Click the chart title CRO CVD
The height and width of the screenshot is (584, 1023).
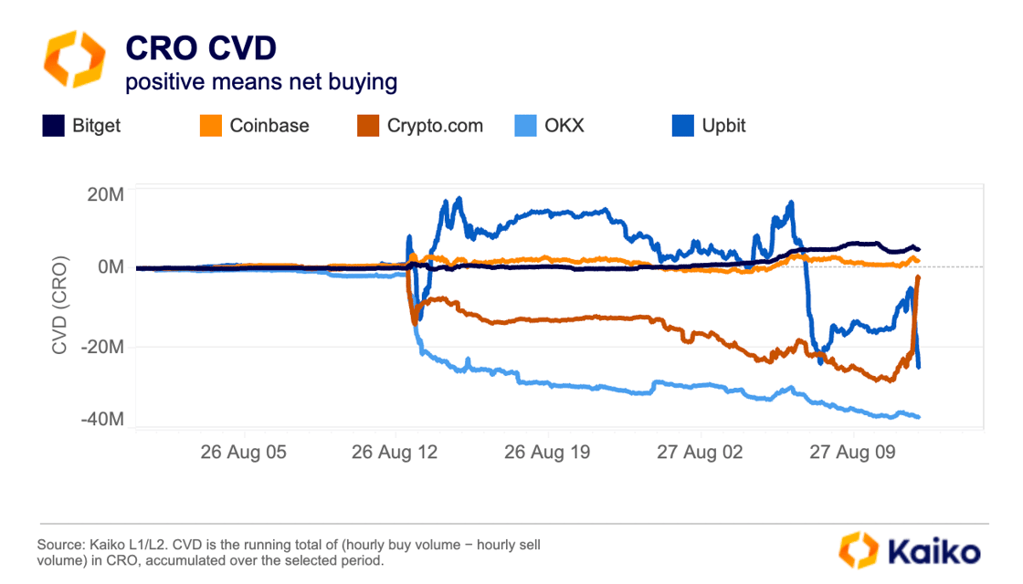[x=200, y=47]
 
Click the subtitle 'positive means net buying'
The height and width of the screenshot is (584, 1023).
[x=261, y=82]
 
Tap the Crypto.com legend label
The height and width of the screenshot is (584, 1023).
[x=434, y=126]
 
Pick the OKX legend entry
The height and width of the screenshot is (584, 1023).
[x=563, y=126]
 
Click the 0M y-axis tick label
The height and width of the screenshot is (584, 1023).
[x=107, y=267]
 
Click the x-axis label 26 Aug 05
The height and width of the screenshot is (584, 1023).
[x=243, y=452]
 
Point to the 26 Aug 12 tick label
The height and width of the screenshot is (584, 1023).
[x=395, y=452]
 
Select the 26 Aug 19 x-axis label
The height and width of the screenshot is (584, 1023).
[x=547, y=452]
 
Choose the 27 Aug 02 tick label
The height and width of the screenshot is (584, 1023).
[x=700, y=452]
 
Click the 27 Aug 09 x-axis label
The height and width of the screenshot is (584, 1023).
[x=852, y=452]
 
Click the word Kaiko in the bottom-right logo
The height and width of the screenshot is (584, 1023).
[x=931, y=551]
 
